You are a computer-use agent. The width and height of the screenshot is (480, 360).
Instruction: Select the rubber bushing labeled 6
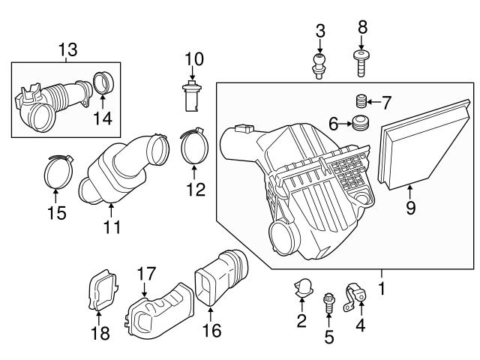pyautogui.click(x=361, y=123)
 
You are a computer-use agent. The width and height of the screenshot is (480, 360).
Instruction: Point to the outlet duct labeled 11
pyautogui.click(x=120, y=169)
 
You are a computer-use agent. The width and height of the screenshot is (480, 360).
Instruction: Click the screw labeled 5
pyautogui.click(x=328, y=304)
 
